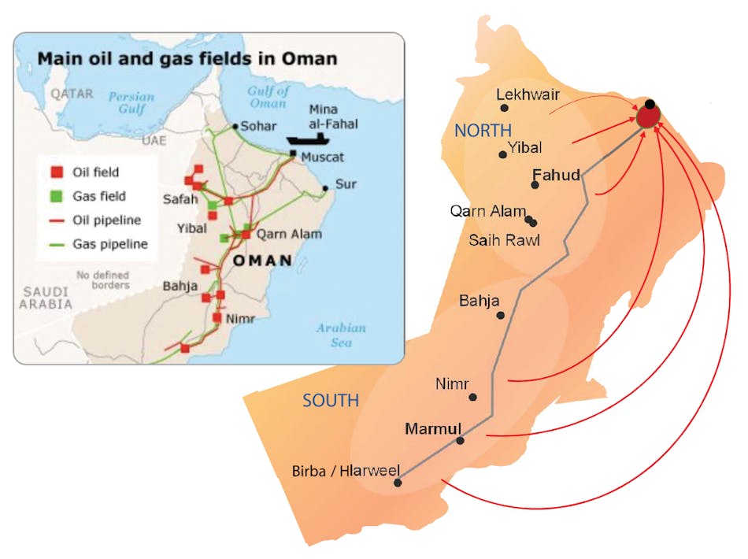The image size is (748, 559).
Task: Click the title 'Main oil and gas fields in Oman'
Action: (187, 58)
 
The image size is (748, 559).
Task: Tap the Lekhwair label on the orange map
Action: (528, 94)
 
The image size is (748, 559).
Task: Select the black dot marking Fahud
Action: (535, 185)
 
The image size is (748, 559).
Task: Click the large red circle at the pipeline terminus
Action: (647, 117)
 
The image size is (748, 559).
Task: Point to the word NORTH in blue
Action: (483, 131)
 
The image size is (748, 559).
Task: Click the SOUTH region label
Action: (331, 401)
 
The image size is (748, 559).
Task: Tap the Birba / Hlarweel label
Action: (346, 472)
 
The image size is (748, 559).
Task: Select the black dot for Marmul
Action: (461, 440)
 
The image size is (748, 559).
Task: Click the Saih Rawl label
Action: (504, 240)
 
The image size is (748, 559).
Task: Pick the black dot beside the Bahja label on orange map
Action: (501, 315)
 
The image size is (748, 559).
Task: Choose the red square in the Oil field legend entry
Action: (57, 172)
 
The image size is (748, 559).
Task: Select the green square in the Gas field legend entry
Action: (57, 196)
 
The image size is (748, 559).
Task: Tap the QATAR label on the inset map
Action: (72, 94)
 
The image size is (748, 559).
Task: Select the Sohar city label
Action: (258, 125)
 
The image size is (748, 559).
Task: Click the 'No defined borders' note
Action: (102, 279)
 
